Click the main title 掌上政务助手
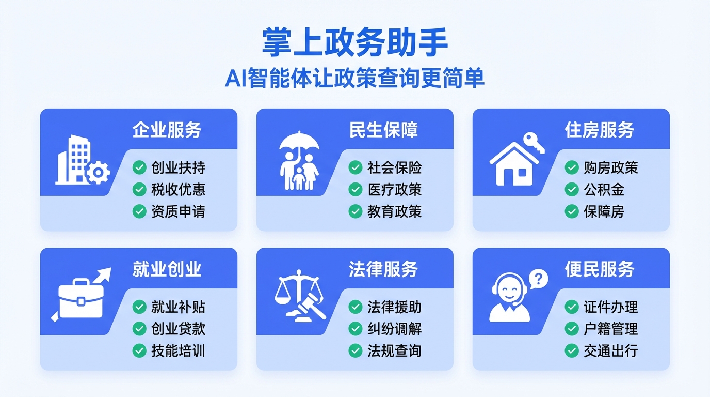354,42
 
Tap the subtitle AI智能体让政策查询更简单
354,78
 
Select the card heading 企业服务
167,130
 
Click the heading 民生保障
383,130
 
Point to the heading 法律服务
383,269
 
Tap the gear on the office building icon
98,173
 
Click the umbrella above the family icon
299,142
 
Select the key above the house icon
534,143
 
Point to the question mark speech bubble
538,279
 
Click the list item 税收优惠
178,190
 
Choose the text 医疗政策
395,190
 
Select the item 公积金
604,190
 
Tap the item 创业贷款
178,329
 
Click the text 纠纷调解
395,329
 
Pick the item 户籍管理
611,329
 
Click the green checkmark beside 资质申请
139,211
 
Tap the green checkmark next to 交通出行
572,350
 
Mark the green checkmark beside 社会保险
356,167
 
